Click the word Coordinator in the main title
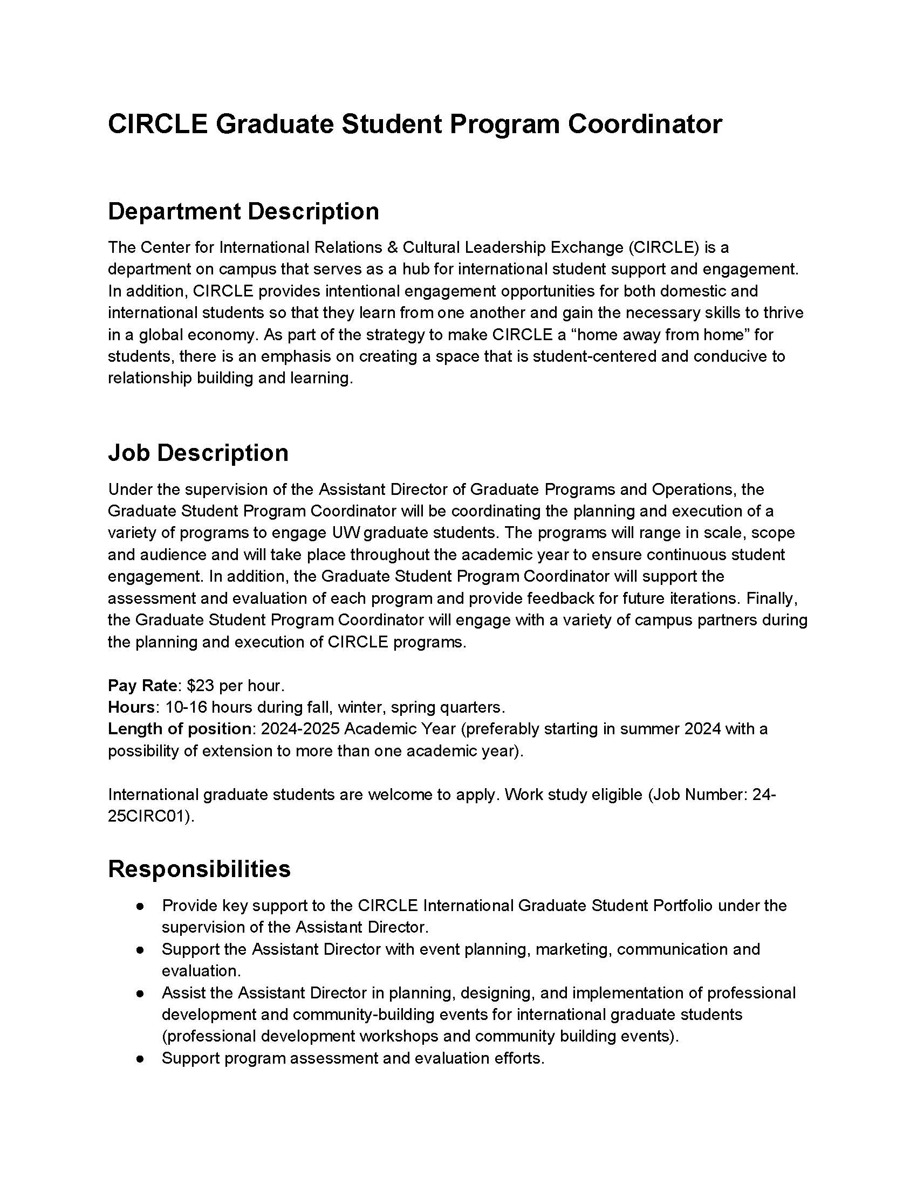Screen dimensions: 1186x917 pos(645,124)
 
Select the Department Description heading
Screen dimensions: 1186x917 pos(243,211)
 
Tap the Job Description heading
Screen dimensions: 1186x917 pos(198,453)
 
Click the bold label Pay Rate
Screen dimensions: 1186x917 pos(142,685)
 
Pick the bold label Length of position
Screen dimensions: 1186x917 pos(179,729)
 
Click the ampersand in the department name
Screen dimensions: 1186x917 pos(391,247)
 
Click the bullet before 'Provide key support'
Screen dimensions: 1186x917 pos(140,906)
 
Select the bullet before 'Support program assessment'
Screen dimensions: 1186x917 pos(140,1059)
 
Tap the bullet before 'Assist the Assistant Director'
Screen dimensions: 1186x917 pos(140,994)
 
